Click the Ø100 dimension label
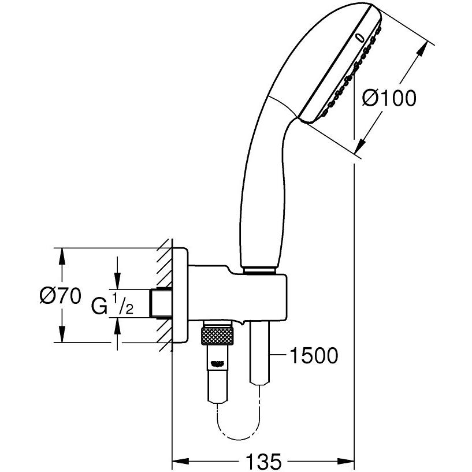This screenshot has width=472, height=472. pos(389,98)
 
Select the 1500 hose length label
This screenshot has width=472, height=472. pos(314,355)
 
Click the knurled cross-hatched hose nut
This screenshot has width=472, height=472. pos(217,336)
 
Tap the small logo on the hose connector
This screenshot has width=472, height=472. pos(218,364)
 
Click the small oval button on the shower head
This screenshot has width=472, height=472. pos(360,38)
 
